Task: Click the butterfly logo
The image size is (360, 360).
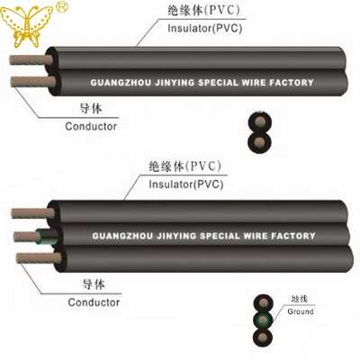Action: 26,26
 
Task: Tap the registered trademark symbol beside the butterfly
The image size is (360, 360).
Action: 62,6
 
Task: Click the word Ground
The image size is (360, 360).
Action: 301,311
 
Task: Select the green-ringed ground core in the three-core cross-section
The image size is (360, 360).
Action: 263,320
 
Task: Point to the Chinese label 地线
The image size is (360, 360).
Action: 300,299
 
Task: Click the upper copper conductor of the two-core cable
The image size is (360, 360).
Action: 31,59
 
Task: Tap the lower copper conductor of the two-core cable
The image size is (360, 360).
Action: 33,82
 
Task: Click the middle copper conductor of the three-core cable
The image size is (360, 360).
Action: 26,237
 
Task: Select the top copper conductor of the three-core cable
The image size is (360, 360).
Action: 33,213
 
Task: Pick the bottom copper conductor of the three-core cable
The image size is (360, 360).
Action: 39,258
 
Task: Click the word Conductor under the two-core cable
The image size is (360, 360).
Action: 91,126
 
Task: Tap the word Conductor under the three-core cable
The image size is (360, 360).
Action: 94,302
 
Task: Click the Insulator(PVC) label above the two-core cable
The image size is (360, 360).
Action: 205,28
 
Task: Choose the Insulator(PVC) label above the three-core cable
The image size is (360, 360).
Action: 186,184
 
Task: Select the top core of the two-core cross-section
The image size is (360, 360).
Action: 260,122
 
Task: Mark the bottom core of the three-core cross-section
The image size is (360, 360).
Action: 263,337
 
